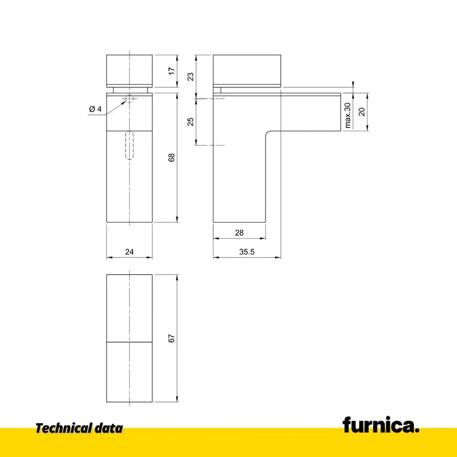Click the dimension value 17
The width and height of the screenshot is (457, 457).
(172, 71)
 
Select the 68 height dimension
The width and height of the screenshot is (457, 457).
(171, 157)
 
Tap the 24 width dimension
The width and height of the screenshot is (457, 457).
(129, 252)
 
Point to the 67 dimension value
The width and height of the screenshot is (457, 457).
(171, 338)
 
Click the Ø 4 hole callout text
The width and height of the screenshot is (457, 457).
(95, 109)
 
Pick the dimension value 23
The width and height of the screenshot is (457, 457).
(190, 76)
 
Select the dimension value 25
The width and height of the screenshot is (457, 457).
(190, 121)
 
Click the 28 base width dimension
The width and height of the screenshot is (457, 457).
(239, 233)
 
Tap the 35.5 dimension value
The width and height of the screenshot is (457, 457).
(247, 252)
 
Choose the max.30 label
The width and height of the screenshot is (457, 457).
(347, 116)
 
